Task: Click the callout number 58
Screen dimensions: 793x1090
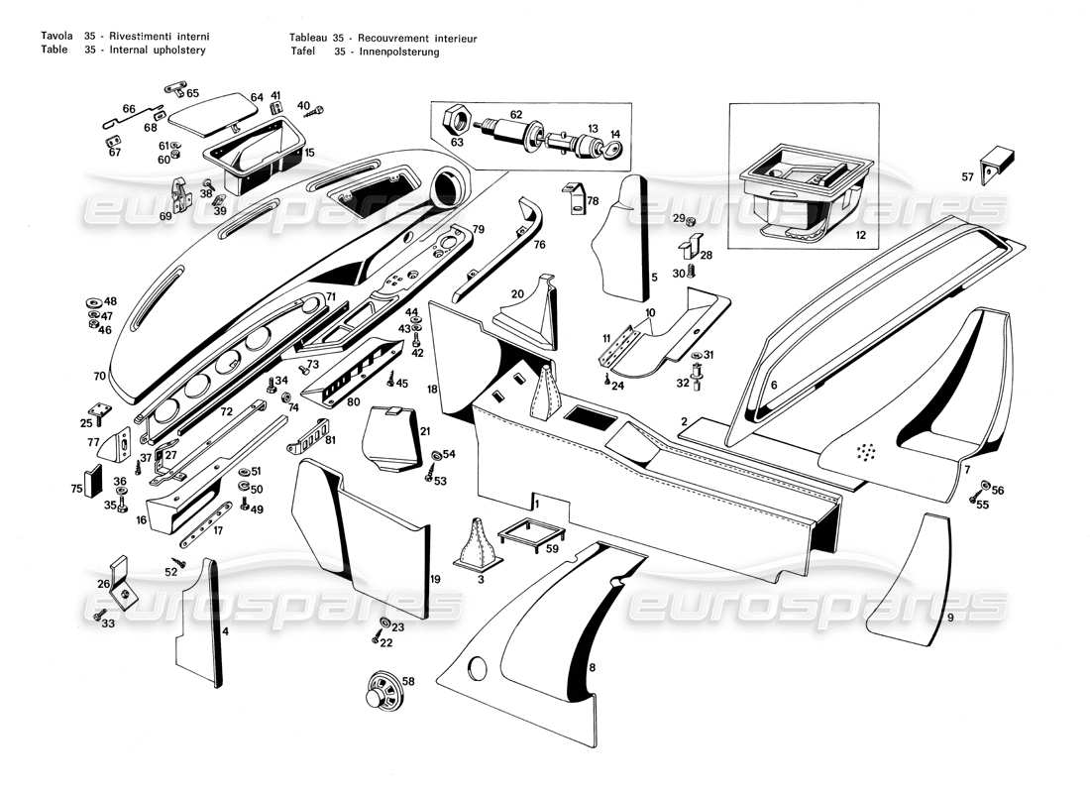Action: [408, 681]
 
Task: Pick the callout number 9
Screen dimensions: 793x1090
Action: [949, 617]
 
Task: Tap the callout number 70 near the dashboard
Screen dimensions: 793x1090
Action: [99, 377]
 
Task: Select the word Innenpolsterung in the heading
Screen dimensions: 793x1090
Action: [400, 52]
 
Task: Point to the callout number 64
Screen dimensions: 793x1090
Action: [257, 97]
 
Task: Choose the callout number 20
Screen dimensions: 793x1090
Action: [517, 293]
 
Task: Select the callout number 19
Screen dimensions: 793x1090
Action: [435, 579]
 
